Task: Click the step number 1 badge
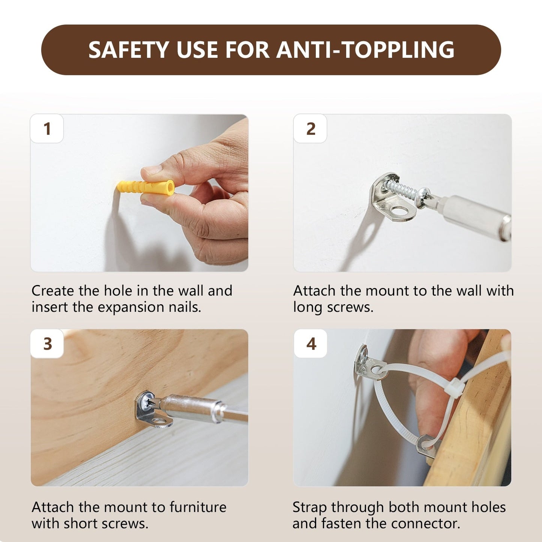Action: (x=47, y=129)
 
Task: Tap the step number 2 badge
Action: (x=310, y=129)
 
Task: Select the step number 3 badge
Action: (x=47, y=344)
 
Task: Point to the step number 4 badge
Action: (x=311, y=344)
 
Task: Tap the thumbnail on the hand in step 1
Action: (x=152, y=169)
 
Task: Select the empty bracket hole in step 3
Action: (x=159, y=421)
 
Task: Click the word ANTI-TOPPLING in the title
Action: (x=365, y=50)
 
